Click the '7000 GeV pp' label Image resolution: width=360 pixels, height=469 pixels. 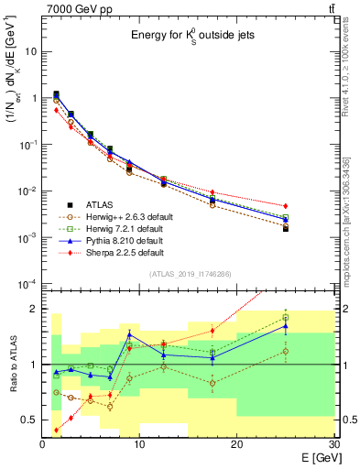pyautogui.click(x=75, y=8)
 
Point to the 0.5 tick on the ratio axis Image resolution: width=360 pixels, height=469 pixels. pyautogui.click(x=31, y=420)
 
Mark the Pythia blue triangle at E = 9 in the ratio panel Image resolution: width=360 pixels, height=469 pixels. pyautogui.click(x=129, y=333)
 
